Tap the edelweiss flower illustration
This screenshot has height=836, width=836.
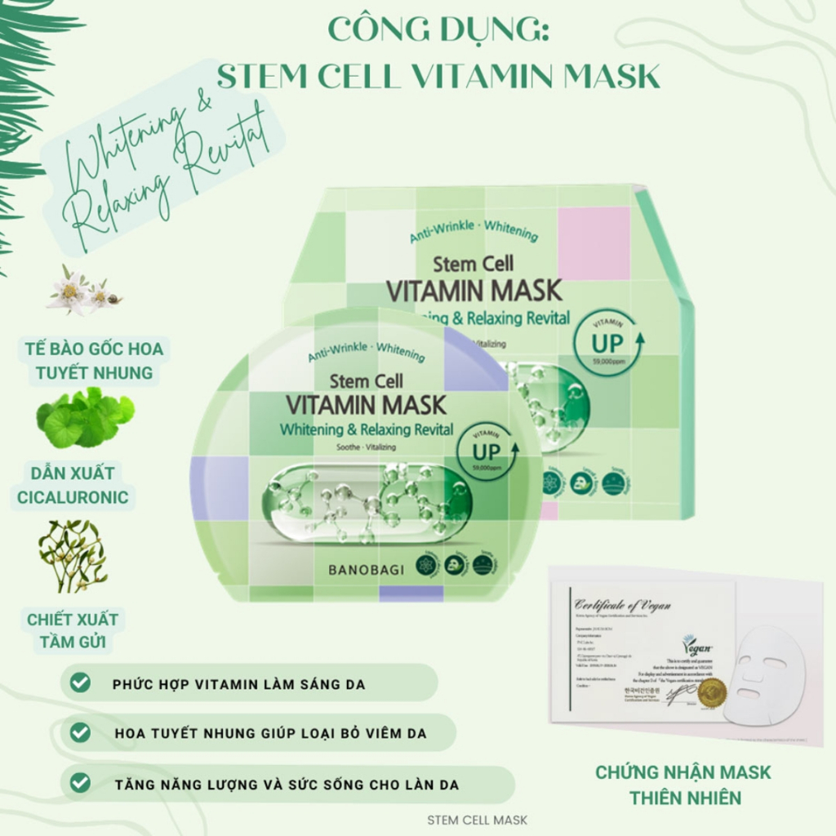(82, 291)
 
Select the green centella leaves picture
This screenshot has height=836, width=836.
(84, 417)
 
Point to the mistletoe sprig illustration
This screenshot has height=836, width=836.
(73, 555)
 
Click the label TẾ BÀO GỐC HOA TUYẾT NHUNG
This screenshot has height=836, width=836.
(90, 361)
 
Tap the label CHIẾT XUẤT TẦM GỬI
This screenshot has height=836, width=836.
(72, 630)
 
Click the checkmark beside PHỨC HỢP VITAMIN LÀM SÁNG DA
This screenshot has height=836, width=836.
(80, 683)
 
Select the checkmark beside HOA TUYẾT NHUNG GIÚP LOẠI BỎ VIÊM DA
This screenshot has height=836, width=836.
(80, 732)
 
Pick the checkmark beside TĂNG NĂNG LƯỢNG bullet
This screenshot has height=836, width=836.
(80, 783)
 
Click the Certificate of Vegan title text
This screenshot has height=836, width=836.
(623, 605)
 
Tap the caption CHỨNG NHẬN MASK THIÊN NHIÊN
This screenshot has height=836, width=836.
(683, 785)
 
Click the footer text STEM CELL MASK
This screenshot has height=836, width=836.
(478, 820)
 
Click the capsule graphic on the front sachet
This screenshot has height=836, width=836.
(367, 503)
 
